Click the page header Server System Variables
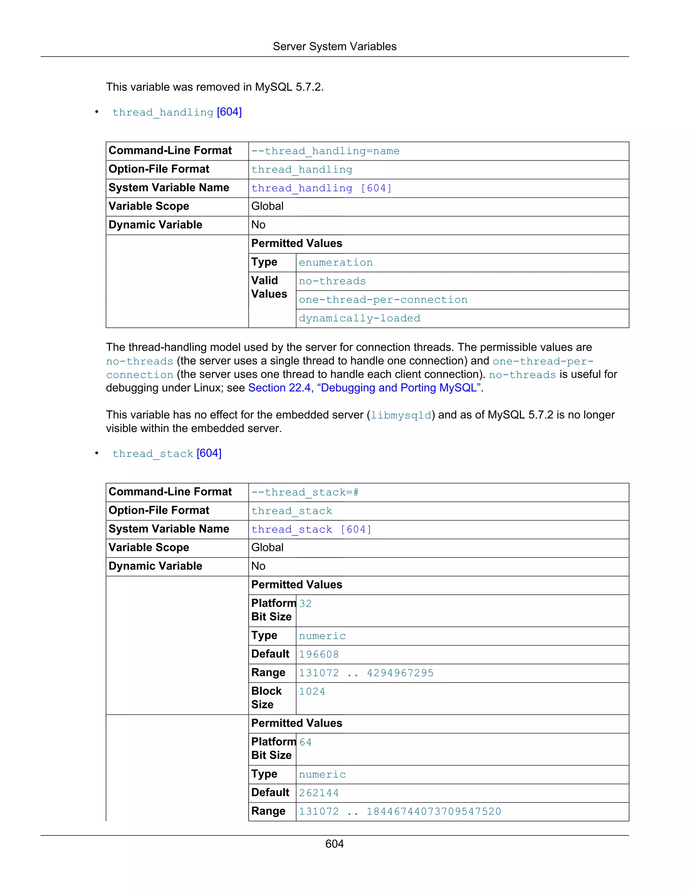(334, 46)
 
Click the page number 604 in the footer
(334, 844)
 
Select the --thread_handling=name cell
(325, 151)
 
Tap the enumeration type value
(336, 263)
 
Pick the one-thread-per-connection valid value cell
(383, 300)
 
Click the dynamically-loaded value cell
(359, 318)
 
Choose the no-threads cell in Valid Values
(332, 281)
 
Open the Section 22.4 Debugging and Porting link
(364, 387)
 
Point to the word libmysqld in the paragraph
(401, 415)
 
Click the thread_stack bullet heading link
(167, 453)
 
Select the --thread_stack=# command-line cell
(305, 492)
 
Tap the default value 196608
(319, 654)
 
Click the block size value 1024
(312, 691)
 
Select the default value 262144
(319, 793)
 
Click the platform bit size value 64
(305, 742)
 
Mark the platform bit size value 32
(305, 604)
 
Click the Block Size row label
(266, 697)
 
